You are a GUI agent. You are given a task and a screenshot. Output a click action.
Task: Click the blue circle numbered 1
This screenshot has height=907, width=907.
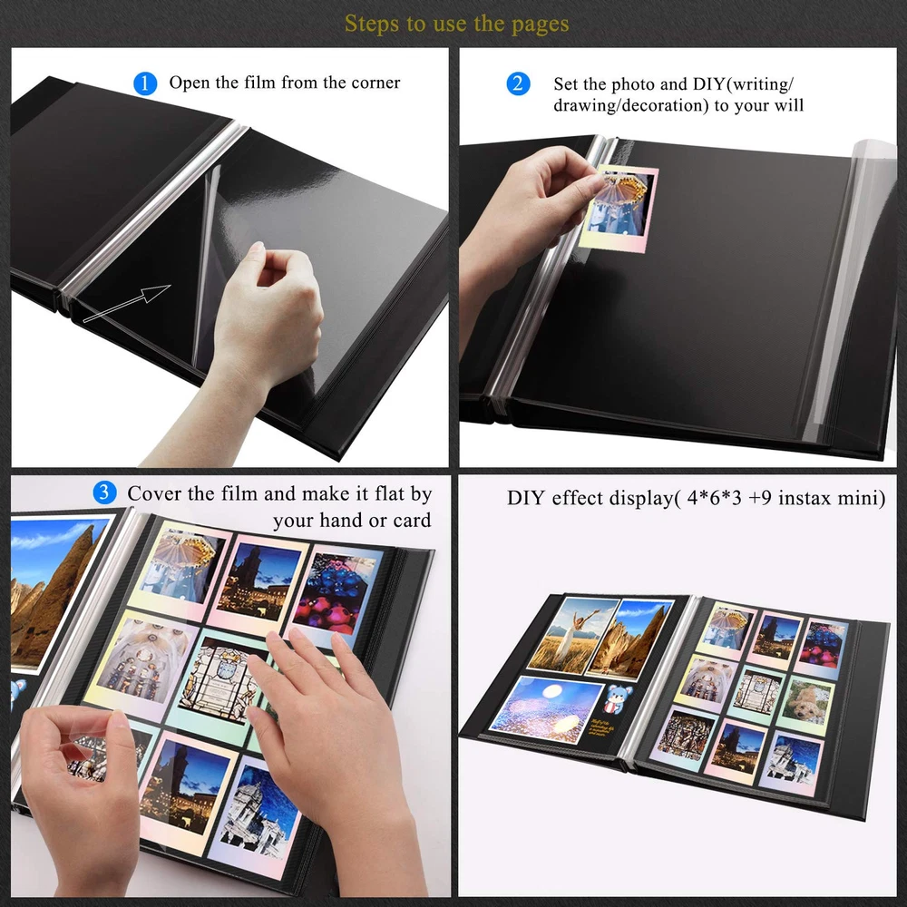pyautogui.click(x=145, y=83)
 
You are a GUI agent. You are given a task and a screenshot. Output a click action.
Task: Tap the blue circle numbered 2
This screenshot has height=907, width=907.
pyautogui.click(x=518, y=83)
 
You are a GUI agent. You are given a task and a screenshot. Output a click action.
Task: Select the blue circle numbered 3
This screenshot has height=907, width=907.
pyautogui.click(x=104, y=493)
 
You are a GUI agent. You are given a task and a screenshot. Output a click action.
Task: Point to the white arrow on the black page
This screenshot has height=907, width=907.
pyautogui.click(x=127, y=303)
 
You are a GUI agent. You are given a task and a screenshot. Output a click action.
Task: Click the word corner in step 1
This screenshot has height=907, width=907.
pyautogui.click(x=375, y=83)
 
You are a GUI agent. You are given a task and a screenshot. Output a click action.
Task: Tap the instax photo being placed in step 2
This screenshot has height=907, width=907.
pyautogui.click(x=619, y=209)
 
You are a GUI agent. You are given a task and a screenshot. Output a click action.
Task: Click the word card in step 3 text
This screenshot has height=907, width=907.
pyautogui.click(x=412, y=521)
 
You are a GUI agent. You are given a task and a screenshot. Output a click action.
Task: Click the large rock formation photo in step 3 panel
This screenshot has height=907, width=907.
pyautogui.click(x=55, y=591)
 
